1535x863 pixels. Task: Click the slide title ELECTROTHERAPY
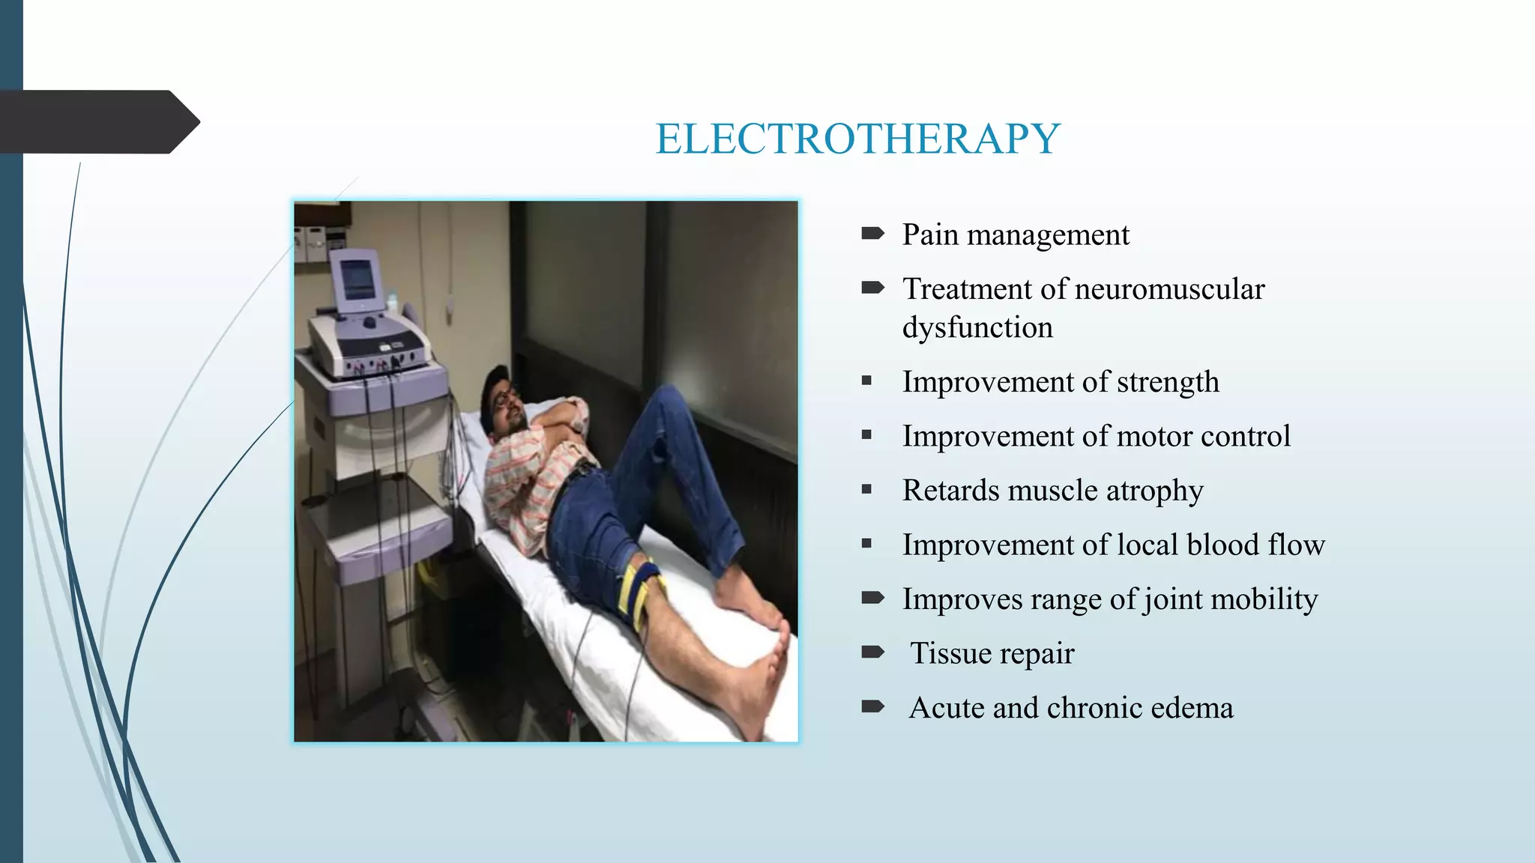[x=857, y=139]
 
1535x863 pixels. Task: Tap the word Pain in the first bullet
[x=930, y=234]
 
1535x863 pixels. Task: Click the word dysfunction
[x=977, y=328]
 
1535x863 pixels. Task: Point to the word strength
[x=1168, y=382]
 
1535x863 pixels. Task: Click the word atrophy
[x=1154, y=491]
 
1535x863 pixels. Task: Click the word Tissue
[x=950, y=654]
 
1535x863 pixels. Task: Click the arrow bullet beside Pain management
[x=872, y=234]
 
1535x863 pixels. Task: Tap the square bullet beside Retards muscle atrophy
[x=867, y=490]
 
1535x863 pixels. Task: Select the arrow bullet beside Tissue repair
[x=872, y=652]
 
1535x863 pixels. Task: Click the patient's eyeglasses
[x=504, y=397]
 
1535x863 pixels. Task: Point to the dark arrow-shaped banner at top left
[x=97, y=122]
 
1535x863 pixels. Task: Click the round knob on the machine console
[x=370, y=323]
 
